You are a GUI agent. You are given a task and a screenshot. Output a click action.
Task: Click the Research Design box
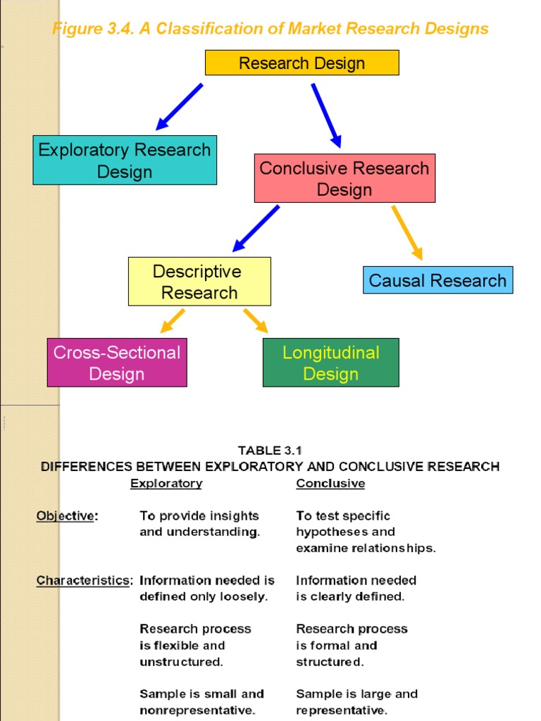pyautogui.click(x=301, y=63)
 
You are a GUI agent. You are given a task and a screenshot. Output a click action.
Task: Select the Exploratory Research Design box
pyautogui.click(x=125, y=161)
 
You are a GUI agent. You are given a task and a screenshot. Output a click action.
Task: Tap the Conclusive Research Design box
pyautogui.click(x=344, y=179)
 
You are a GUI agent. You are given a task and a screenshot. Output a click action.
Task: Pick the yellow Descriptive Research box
pyautogui.click(x=199, y=282)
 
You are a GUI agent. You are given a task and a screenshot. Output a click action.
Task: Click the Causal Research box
pyautogui.click(x=437, y=280)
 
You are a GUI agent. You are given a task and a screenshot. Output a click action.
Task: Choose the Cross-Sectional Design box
pyautogui.click(x=117, y=363)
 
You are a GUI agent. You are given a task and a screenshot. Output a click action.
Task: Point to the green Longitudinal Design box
pyautogui.click(x=330, y=363)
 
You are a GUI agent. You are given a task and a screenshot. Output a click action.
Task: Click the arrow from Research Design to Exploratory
pyautogui.click(x=179, y=107)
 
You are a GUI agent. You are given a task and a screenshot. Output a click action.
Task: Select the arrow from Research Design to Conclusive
pyautogui.click(x=326, y=115)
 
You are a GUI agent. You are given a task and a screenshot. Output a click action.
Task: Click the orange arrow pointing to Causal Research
pyautogui.click(x=407, y=232)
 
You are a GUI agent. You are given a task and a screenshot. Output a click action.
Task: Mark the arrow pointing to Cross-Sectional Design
pyautogui.click(x=173, y=320)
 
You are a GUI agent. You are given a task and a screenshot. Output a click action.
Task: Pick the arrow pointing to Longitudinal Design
pyautogui.click(x=256, y=320)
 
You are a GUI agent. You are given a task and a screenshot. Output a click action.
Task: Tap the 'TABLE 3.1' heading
pyautogui.click(x=270, y=451)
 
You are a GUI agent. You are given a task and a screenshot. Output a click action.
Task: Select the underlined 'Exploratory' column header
pyautogui.click(x=166, y=484)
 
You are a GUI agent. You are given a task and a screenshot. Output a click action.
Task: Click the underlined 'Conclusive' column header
pyautogui.click(x=330, y=484)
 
